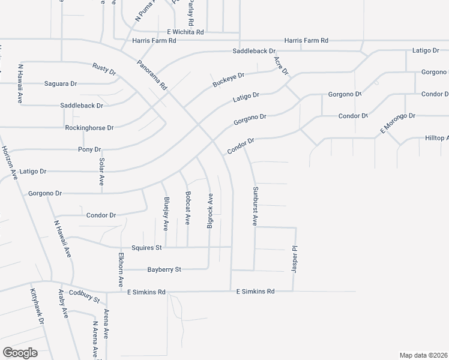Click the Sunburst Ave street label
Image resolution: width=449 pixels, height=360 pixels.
[255, 206]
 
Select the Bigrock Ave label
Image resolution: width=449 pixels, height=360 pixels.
[210, 210]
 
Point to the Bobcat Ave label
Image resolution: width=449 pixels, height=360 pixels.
[188, 208]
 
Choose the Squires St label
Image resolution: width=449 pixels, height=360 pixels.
[147, 247]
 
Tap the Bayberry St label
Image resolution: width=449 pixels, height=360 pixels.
[164, 270]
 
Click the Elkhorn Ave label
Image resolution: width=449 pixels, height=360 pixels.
[121, 269]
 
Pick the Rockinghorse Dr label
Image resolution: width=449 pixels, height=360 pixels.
[89, 128]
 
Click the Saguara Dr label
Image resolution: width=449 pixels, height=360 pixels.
[61, 83]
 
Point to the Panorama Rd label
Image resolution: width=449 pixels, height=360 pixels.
[151, 74]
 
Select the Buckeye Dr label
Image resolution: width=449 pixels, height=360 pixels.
[229, 80]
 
